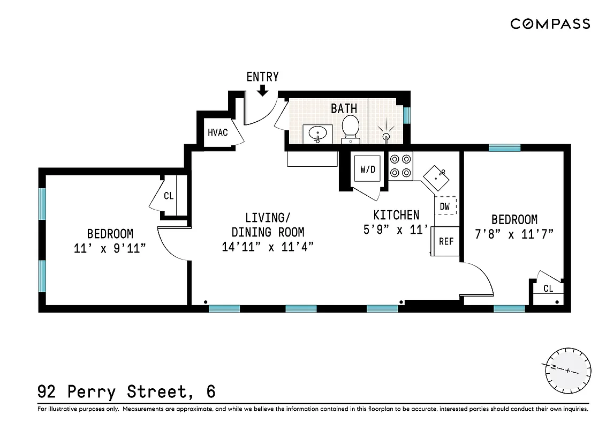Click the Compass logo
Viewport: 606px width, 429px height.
coord(550,24)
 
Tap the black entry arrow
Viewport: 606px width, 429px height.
coord(262,91)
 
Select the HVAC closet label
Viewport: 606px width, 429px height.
coord(218,132)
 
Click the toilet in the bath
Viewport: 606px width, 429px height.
coord(350,129)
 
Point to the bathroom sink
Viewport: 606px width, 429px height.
coord(317,134)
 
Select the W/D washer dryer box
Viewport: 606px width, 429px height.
coord(368,170)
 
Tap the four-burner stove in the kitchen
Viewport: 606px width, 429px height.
coord(400,166)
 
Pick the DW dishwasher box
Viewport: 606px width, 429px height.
coord(445,206)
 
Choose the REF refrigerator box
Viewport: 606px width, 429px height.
coord(446,241)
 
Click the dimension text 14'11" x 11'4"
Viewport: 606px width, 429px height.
coord(268,247)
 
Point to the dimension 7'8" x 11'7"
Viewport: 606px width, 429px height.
coord(514,234)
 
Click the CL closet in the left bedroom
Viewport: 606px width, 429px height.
coord(169,196)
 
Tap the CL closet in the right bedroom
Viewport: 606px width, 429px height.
coord(548,289)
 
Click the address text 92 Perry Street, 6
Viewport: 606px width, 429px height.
coord(127,391)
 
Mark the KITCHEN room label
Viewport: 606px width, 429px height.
coord(396,215)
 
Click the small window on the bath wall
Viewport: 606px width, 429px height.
coord(407,115)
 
